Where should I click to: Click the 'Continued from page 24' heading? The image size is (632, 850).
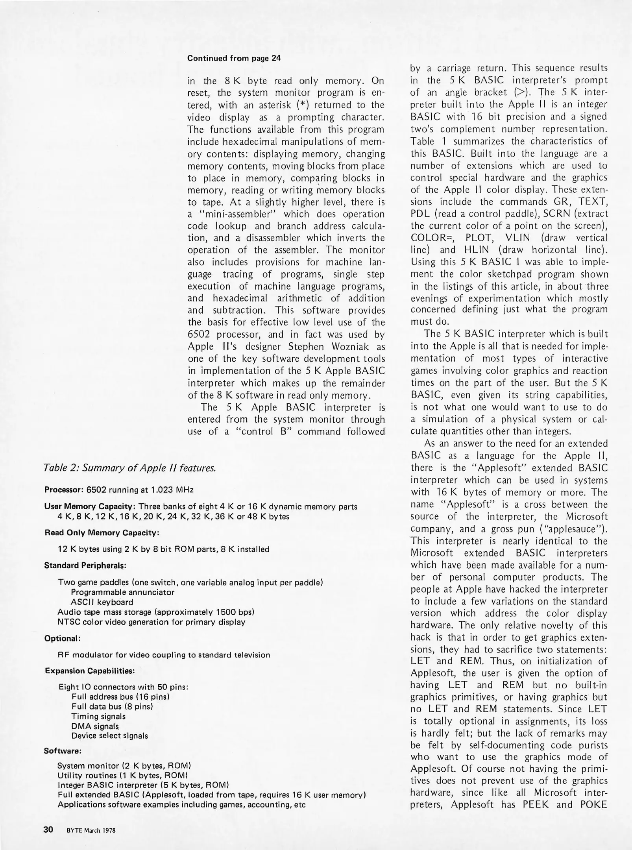click(x=234, y=58)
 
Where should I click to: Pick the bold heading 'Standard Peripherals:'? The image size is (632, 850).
click(x=85, y=565)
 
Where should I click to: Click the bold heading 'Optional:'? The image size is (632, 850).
click(x=63, y=638)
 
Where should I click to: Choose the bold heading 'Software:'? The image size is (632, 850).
click(x=63, y=751)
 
